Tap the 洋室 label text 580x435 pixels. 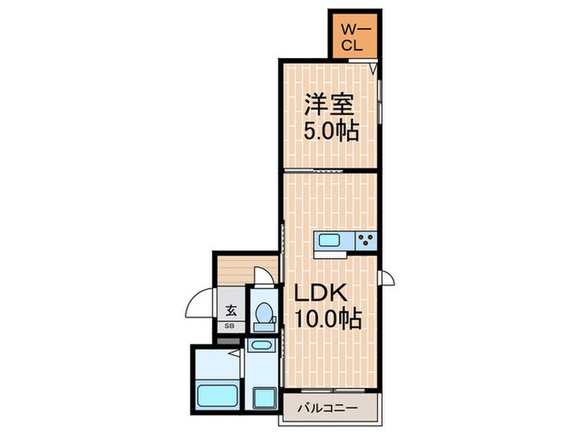[329, 105]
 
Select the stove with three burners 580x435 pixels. [365, 242]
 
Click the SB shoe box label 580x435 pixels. [230, 326]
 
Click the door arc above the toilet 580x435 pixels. [263, 276]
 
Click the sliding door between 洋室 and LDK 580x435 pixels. [329, 171]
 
